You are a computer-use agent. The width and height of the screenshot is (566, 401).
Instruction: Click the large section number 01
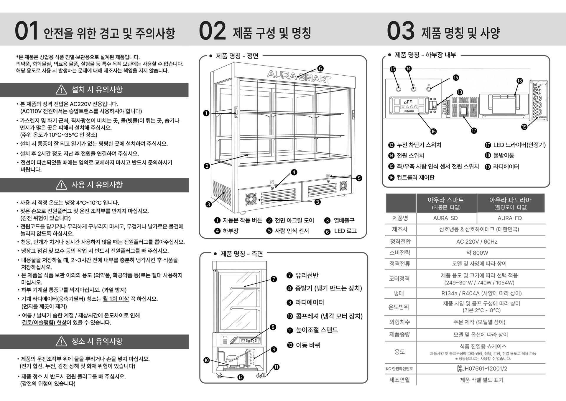tap(27, 31)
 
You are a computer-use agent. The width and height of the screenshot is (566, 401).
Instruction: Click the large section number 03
tap(401, 31)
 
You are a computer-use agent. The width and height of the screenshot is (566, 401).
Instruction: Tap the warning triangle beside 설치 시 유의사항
tap(61, 89)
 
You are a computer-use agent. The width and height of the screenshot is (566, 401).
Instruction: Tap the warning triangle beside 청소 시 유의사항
tap(61, 341)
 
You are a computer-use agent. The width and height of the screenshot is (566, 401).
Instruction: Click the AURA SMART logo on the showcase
tap(299, 76)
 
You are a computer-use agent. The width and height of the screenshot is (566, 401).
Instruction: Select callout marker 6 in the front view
tap(320, 69)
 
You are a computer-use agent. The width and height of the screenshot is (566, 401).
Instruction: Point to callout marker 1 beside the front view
tap(206, 113)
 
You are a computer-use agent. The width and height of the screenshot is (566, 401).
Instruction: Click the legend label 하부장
tap(231, 231)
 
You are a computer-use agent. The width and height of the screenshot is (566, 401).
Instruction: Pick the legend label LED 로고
tap(345, 231)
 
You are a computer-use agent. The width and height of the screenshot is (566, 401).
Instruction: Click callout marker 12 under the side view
tap(241, 377)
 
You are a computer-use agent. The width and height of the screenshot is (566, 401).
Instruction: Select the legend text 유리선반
tap(307, 275)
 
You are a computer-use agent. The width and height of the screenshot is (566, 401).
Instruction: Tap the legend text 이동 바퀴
tap(308, 345)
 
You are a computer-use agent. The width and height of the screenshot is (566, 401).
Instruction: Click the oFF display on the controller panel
tap(408, 102)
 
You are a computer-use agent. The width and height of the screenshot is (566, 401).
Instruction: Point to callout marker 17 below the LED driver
tap(474, 131)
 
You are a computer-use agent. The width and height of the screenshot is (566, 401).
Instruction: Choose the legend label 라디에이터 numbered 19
tap(506, 167)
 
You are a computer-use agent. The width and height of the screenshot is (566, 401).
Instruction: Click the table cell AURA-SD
tap(445, 218)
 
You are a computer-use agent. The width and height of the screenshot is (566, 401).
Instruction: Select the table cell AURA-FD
tap(510, 218)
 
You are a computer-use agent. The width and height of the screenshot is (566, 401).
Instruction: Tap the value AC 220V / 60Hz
tap(477, 242)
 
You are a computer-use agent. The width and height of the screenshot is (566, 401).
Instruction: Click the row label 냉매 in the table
tap(399, 293)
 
